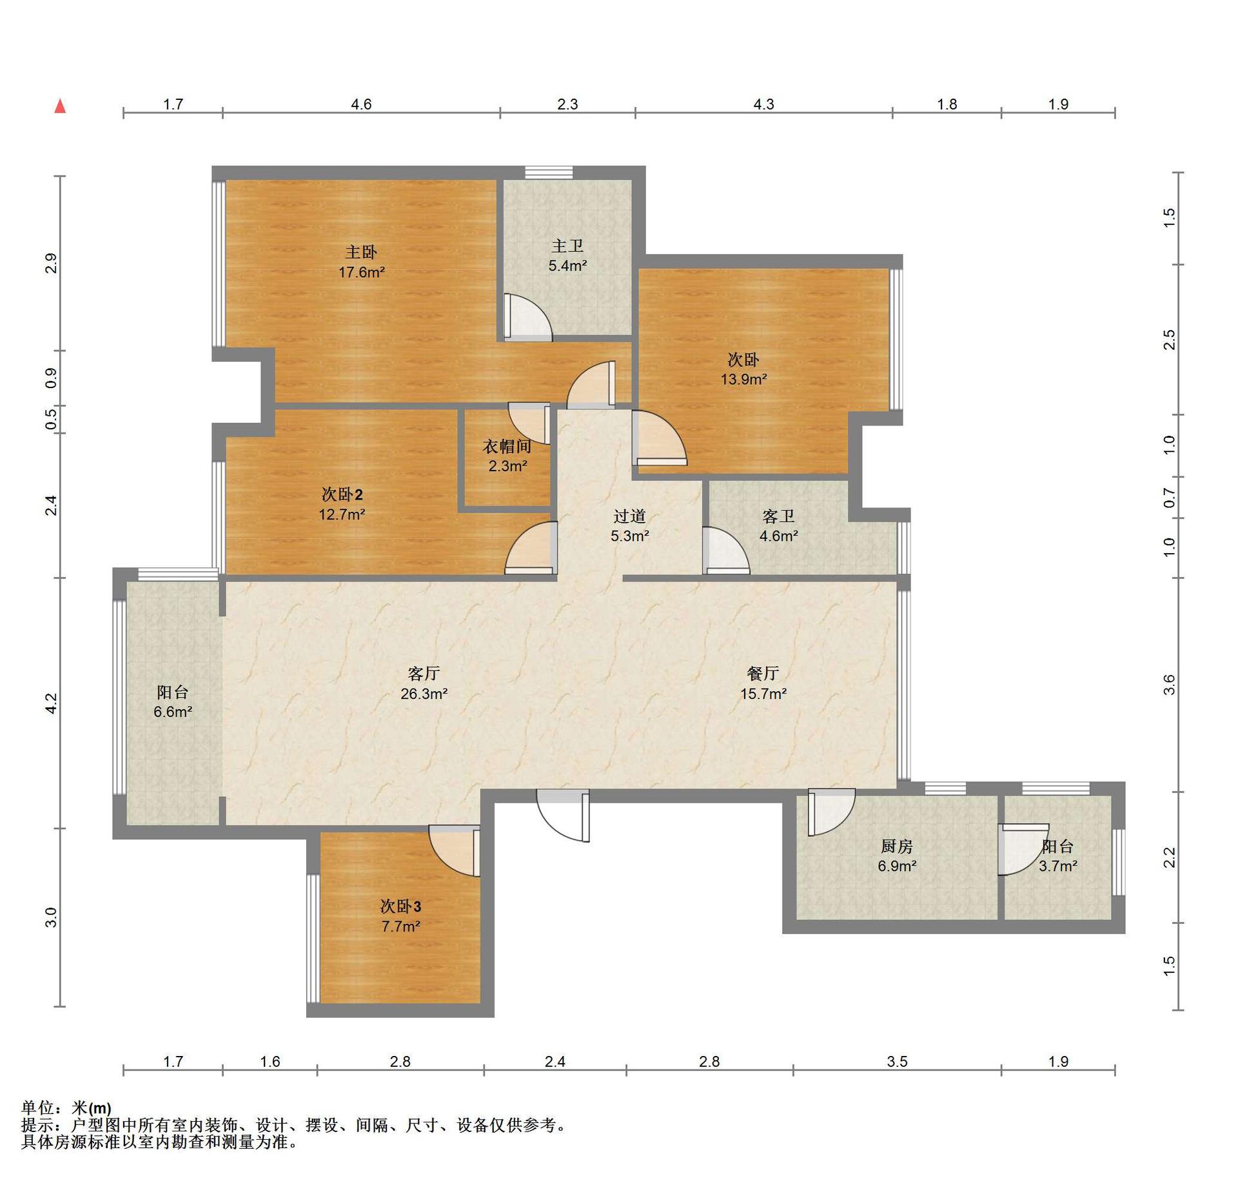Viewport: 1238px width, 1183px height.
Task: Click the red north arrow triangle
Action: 60,106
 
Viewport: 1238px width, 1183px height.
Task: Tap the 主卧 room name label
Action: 361,252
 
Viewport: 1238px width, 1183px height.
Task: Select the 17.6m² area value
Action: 362,272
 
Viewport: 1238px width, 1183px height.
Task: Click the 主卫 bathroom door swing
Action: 528,317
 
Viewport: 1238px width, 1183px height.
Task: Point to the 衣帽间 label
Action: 507,446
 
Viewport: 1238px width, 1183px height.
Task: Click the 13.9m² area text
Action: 743,379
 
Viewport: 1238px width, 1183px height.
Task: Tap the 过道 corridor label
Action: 629,516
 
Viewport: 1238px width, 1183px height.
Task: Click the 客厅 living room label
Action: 424,674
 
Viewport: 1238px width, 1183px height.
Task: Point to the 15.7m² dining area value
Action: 763,694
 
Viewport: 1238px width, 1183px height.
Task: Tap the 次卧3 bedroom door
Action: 455,851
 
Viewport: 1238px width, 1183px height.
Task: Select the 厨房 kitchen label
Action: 897,846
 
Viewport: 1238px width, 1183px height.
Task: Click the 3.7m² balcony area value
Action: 1057,866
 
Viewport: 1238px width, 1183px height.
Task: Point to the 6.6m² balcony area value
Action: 173,712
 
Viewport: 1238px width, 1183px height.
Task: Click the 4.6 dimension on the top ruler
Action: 361,104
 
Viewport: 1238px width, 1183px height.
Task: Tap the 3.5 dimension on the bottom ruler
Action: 897,1061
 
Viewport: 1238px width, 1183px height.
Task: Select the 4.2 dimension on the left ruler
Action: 51,703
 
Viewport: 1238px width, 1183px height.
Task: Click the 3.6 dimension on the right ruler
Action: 1169,684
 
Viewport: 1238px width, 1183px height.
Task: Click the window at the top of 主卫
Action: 549,172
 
